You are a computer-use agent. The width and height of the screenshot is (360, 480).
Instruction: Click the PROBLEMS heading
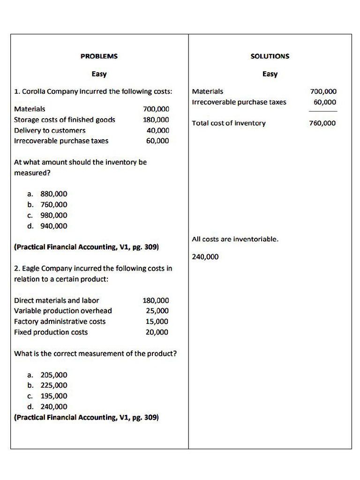(x=99, y=56)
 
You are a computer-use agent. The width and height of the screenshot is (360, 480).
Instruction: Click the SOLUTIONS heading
(x=270, y=56)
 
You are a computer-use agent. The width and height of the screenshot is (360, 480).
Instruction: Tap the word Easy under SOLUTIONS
(x=270, y=74)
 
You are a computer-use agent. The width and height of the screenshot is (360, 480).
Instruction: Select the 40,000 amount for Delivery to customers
(x=158, y=130)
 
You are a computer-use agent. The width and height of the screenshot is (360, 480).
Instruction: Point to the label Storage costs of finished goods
(x=65, y=120)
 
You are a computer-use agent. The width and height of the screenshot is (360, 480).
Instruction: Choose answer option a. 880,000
(x=47, y=194)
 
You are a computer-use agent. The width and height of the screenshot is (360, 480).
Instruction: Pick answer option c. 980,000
(x=47, y=215)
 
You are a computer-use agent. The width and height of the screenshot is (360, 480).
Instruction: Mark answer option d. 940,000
(x=47, y=226)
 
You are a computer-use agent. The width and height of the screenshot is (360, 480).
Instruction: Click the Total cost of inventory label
(x=229, y=123)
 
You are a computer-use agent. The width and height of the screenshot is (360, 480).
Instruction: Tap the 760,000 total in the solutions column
(x=322, y=123)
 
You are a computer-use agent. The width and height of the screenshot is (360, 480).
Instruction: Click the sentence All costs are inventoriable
(x=235, y=239)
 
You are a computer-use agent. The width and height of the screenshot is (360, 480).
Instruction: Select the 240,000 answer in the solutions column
(x=205, y=257)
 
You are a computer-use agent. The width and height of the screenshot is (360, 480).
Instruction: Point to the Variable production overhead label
(x=63, y=311)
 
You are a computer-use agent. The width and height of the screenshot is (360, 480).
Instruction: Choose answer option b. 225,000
(x=47, y=385)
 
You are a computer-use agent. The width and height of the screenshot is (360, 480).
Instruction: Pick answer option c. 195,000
(x=47, y=396)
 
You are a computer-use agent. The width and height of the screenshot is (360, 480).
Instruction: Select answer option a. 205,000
(x=47, y=375)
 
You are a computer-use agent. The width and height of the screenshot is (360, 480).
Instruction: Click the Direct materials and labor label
(x=57, y=300)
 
